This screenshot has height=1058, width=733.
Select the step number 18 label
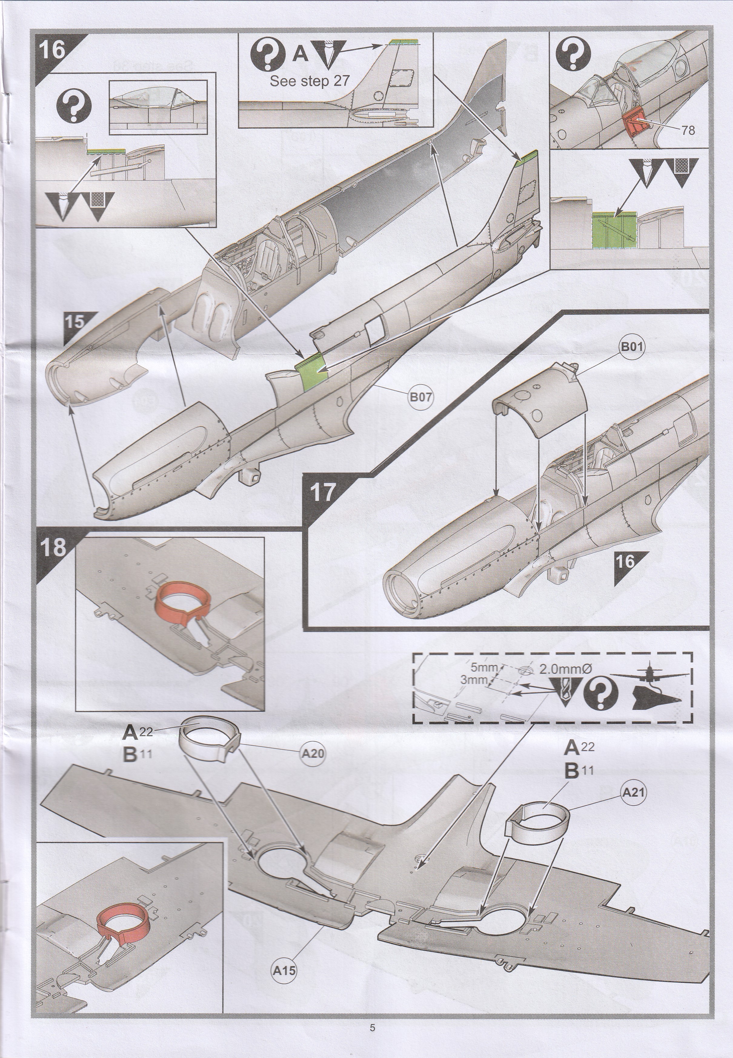pyautogui.click(x=54, y=547)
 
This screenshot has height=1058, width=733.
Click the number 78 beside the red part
pyautogui.click(x=688, y=131)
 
